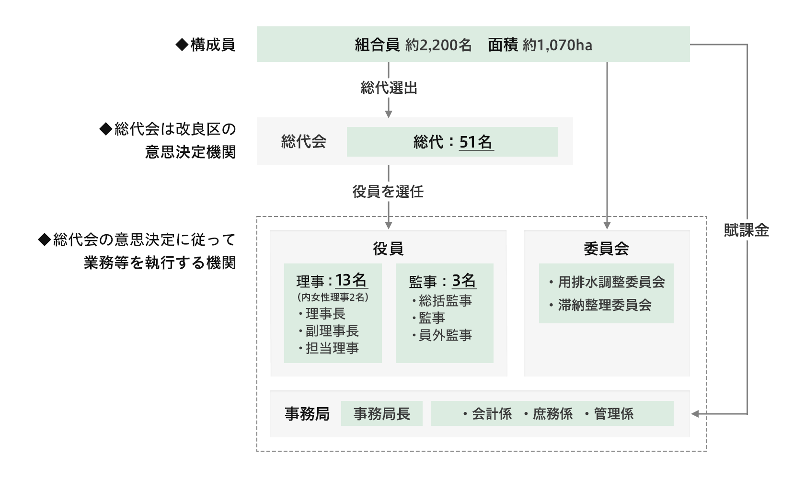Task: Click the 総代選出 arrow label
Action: (x=389, y=88)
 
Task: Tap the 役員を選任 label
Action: (x=388, y=192)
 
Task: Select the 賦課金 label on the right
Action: (x=746, y=230)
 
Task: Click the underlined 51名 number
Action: (x=476, y=142)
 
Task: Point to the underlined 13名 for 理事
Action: (x=351, y=280)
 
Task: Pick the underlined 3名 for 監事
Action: (x=464, y=280)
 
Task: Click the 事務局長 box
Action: (x=381, y=413)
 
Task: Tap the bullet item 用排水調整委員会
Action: (x=608, y=282)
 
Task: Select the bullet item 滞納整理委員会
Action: (x=600, y=305)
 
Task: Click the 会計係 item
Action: (x=488, y=414)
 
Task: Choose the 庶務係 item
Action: (x=548, y=414)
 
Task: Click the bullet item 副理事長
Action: (x=329, y=331)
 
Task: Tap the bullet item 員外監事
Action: (x=442, y=335)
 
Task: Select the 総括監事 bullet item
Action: (x=442, y=301)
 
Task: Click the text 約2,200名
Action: (x=438, y=46)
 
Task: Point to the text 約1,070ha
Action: (x=557, y=46)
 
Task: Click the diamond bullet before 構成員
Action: (x=182, y=45)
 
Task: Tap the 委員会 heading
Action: (x=606, y=248)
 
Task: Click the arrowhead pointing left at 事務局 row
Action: (x=695, y=414)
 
